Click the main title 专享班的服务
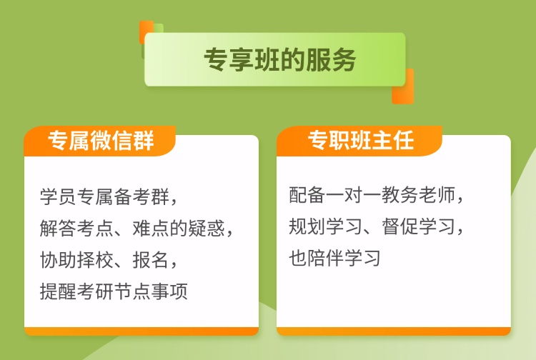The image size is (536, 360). point(280,60)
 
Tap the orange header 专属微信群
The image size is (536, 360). point(101,141)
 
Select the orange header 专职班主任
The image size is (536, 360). point(361,140)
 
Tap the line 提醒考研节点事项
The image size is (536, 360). point(114,291)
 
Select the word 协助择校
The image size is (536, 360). point(76,260)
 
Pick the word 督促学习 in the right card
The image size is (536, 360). point(418,226)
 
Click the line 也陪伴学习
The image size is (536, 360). point(334,258)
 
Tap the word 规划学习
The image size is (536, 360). point(325,226)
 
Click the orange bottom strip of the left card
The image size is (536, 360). point(142,331)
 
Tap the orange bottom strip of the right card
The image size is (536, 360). point(394,331)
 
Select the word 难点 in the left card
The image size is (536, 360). point(150,228)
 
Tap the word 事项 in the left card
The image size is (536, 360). point(169,291)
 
